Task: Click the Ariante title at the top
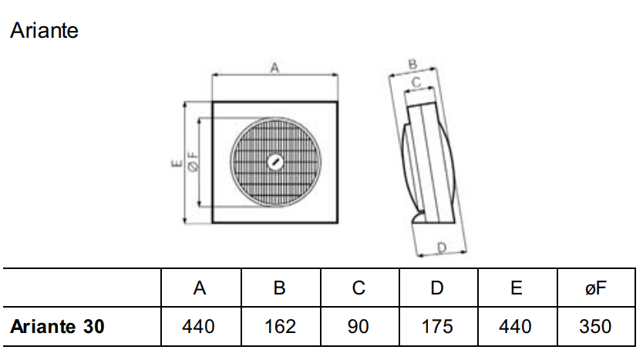pyautogui.click(x=44, y=31)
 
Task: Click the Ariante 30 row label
pyautogui.click(x=57, y=327)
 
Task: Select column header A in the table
pyautogui.click(x=200, y=288)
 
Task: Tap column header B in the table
pyautogui.click(x=280, y=288)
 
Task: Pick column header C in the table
pyautogui.click(x=359, y=288)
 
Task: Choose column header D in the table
pyautogui.click(x=437, y=288)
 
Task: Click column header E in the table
pyautogui.click(x=516, y=288)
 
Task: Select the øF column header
pyautogui.click(x=594, y=288)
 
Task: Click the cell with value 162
pyautogui.click(x=280, y=327)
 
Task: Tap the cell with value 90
pyautogui.click(x=359, y=327)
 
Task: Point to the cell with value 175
pyautogui.click(x=437, y=327)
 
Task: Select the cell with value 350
pyautogui.click(x=594, y=327)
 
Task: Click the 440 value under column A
pyautogui.click(x=199, y=327)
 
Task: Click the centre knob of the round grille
pyautogui.click(x=275, y=162)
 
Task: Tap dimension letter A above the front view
pyautogui.click(x=274, y=69)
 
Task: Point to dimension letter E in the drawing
pyautogui.click(x=176, y=163)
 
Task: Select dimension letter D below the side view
pyautogui.click(x=442, y=247)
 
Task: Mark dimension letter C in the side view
pyautogui.click(x=416, y=81)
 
